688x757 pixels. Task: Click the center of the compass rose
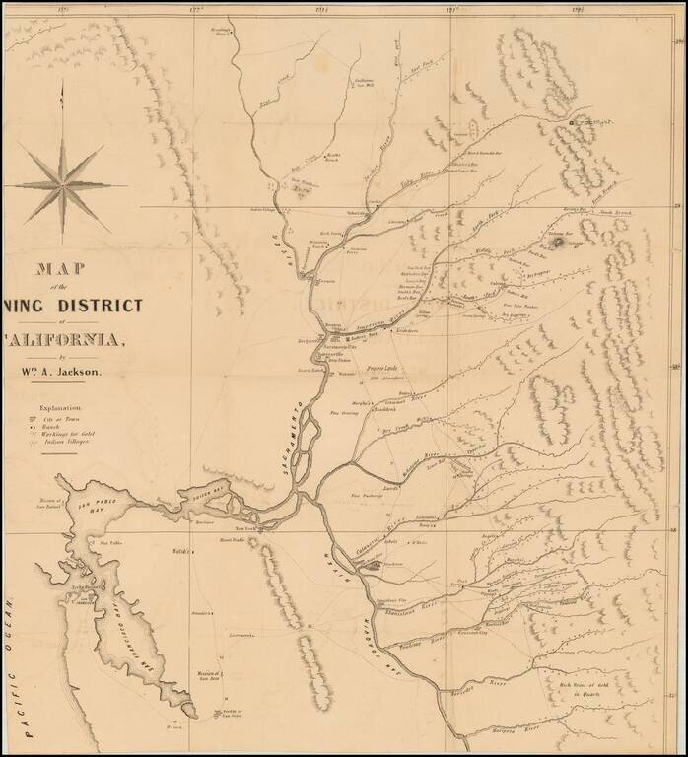(x=63, y=183)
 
